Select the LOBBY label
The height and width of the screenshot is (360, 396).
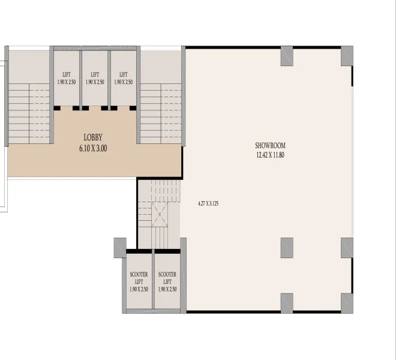93,137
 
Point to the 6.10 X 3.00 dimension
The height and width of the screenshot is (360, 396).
93,148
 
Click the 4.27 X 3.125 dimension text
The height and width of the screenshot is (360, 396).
208,203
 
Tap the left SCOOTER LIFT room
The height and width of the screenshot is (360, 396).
139,281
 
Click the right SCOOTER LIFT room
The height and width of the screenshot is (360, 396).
167,281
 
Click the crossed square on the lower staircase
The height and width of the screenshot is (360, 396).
161,215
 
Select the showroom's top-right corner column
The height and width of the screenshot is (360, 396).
347,56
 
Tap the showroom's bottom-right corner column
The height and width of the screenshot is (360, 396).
347,303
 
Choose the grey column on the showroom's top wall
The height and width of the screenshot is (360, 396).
287,55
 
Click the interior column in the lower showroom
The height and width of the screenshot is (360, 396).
287,247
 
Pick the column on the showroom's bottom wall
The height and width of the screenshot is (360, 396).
287,303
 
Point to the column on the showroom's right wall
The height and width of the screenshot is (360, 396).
347,247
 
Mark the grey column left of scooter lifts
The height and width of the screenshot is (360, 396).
119,247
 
